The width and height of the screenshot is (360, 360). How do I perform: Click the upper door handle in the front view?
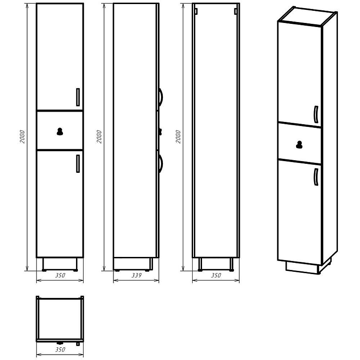tap(78, 97)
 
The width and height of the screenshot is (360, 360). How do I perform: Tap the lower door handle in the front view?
tap(78, 164)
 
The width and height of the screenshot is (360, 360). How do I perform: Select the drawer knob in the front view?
tap(60, 131)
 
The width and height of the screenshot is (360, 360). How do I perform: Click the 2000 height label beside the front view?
tap(22, 137)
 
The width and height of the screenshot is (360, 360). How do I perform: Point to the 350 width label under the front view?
tap(60, 275)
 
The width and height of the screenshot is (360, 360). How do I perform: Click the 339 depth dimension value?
tap(136, 275)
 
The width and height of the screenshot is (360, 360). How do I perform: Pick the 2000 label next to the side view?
tap(99, 137)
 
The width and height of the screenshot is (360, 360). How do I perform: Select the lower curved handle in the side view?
tap(161, 164)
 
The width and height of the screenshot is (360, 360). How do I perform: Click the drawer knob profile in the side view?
tap(161, 131)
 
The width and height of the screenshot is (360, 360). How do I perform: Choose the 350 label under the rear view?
tap(216, 275)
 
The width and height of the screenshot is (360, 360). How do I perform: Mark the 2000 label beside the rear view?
tap(178, 137)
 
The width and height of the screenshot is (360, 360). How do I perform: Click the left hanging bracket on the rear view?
tap(196, 11)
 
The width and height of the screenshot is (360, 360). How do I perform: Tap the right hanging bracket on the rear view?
tap(236, 11)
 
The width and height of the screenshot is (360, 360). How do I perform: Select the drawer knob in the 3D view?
tap(299, 144)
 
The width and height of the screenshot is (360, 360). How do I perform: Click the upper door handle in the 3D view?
tap(316, 115)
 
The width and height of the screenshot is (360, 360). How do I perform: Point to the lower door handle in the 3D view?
tap(316, 177)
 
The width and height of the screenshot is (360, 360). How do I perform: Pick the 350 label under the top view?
tap(60, 350)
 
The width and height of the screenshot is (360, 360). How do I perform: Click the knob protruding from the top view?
tap(60, 343)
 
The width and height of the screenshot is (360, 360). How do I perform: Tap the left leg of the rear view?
tap(200, 265)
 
